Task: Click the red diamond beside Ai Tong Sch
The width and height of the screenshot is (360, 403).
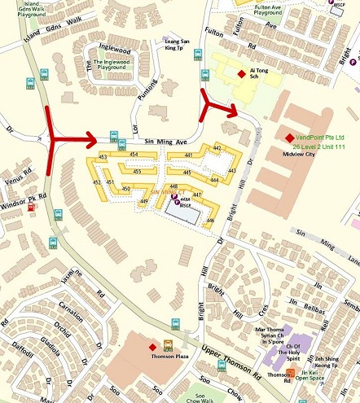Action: coord(241,74)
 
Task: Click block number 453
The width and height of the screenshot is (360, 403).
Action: coord(103,156)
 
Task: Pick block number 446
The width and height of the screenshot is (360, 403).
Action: coord(210,220)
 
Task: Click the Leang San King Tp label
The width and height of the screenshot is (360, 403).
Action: coord(183,44)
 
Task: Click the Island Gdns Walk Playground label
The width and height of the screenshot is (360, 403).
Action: coord(24,9)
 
